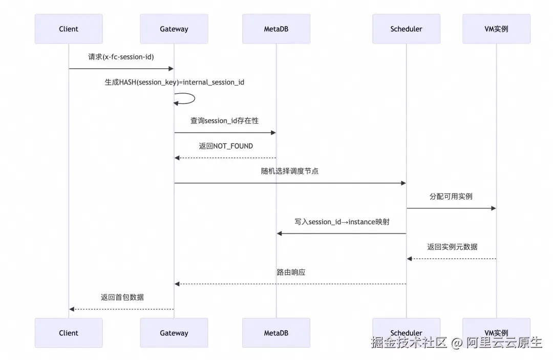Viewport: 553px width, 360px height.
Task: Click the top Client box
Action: (69, 29)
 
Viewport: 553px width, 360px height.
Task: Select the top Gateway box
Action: (174, 29)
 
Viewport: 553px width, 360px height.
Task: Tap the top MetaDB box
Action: (276, 29)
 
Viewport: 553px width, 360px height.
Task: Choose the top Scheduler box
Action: (406, 29)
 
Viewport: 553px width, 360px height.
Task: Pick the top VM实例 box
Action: (496, 29)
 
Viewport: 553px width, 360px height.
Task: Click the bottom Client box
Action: (69, 333)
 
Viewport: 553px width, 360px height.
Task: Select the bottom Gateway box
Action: (174, 333)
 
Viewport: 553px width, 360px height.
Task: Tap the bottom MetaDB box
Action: (276, 333)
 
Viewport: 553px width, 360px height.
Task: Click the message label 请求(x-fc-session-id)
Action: (121, 57)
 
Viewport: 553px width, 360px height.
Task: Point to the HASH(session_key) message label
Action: (175, 82)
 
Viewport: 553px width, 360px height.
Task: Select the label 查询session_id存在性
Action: (225, 121)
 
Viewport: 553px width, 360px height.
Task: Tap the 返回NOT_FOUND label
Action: (226, 146)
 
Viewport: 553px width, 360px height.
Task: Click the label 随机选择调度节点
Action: (290, 171)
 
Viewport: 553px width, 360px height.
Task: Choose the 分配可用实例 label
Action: (451, 196)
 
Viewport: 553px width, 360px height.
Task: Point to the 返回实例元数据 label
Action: (452, 247)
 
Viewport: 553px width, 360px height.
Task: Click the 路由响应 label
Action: (291, 272)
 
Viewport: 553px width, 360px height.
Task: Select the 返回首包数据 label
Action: (122, 297)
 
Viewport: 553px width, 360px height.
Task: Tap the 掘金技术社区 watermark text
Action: (410, 343)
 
